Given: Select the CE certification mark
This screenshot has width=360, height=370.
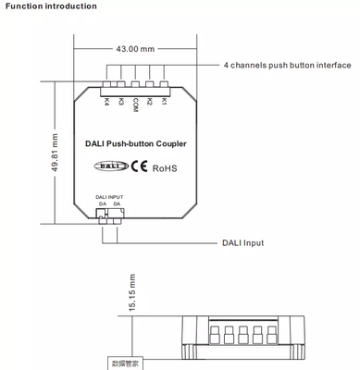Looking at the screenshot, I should click(x=137, y=167).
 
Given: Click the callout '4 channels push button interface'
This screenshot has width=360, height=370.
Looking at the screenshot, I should click(x=287, y=67).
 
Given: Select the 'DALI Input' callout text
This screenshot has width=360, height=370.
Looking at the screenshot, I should click(x=243, y=243).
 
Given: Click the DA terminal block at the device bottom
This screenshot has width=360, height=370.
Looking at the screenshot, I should click(x=109, y=216).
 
